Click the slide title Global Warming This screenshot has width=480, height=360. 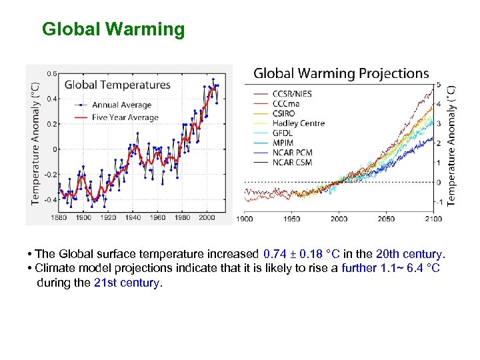[x=113, y=29]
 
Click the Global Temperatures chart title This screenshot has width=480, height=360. [x=117, y=85]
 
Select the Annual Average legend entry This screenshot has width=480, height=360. [x=121, y=105]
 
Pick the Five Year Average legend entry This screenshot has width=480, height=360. [x=125, y=118]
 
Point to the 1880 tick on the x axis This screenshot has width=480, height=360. [x=59, y=217]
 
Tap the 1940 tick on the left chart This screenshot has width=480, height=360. [x=133, y=217]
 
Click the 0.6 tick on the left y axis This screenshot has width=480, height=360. [x=51, y=74]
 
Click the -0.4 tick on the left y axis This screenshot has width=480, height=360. [x=50, y=199]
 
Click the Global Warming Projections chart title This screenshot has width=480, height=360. [x=341, y=73]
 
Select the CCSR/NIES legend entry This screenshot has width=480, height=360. [x=291, y=94]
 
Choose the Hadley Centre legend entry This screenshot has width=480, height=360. [x=298, y=123]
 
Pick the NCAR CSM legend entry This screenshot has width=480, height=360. [x=293, y=163]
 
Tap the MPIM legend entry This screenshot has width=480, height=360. [x=283, y=143]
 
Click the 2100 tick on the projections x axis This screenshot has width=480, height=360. [x=433, y=219]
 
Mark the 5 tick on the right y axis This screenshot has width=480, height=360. [x=438, y=84]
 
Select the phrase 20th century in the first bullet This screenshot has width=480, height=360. [x=409, y=254]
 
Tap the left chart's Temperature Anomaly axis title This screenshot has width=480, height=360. [x=35, y=143]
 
